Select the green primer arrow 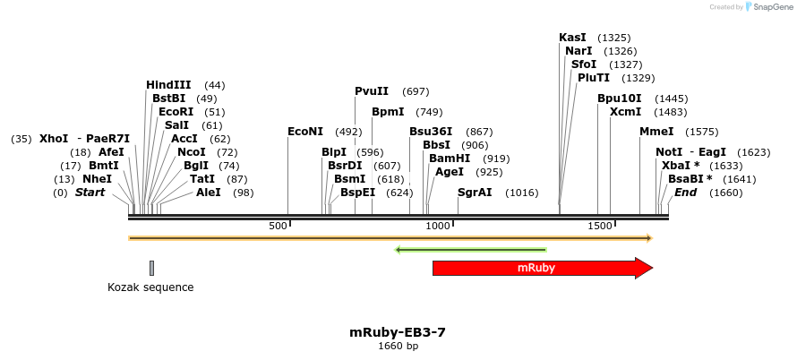(x=471, y=250)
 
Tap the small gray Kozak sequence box (x=152, y=268)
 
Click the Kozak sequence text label (x=150, y=287)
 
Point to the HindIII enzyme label (x=168, y=85)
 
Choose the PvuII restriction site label (x=372, y=91)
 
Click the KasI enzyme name (x=572, y=38)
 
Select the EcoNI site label (x=305, y=132)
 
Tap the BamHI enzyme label (x=450, y=159)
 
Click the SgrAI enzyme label (x=475, y=193)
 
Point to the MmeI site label (x=656, y=132)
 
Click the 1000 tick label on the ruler (x=437, y=226)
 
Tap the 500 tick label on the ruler (x=278, y=226)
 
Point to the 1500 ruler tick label (x=599, y=226)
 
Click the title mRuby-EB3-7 (x=398, y=332)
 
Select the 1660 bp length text (x=398, y=346)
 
